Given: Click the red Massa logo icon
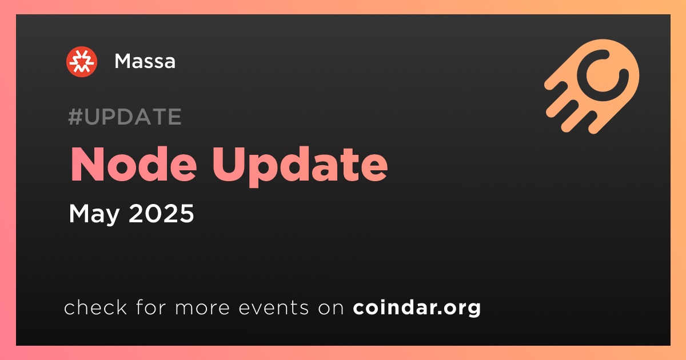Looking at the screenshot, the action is pos(82,62).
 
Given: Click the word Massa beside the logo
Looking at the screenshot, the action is pos(145,61).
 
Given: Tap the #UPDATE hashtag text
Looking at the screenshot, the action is pos(125,117).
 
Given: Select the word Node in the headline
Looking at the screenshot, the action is pos(134,164).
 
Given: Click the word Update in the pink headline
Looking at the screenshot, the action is pos(301,166).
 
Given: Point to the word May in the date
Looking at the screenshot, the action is pos(94,214).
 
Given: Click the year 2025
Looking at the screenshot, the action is pos(161,213).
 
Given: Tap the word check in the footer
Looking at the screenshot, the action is pos(95,307).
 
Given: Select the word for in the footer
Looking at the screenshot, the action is pos(151,307).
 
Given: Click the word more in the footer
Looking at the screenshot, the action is pos(202,308).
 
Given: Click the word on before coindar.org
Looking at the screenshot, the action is pos(331,308).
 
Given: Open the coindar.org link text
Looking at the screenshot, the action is pos(417,308).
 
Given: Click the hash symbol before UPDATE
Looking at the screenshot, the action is pos(75,117).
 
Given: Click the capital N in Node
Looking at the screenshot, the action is pos(86,164).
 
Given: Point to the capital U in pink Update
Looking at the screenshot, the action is pos(229,165).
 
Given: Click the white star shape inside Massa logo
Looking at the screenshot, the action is pos(82,62).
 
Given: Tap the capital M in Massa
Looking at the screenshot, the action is pos(123,61).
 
